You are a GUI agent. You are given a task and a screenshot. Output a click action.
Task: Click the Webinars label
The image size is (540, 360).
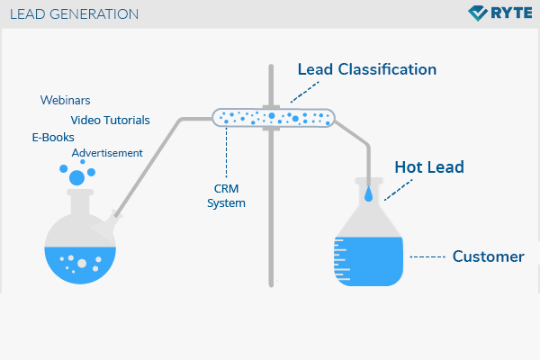65,100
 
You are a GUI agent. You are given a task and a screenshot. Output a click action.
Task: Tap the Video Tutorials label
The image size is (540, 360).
110,121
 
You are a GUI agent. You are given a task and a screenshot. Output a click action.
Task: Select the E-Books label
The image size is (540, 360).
53,138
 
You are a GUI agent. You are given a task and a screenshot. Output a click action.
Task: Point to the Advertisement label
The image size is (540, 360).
107,153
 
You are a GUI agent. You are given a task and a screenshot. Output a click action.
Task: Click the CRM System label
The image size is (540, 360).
226,195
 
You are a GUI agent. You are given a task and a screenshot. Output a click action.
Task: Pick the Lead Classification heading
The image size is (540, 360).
367,69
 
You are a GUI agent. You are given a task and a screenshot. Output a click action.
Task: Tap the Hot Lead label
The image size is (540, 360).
429,167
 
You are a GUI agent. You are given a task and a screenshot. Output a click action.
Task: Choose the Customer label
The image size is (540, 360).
489,256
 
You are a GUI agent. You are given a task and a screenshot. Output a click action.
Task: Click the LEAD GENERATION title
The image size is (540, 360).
74,14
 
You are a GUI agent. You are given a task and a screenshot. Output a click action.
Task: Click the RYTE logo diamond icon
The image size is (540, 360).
478,13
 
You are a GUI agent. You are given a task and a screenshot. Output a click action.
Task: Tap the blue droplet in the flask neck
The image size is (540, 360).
368,194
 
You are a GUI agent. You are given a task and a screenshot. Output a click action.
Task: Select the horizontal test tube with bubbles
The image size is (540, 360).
274,118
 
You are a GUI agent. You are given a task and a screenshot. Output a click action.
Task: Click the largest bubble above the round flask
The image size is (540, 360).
76,178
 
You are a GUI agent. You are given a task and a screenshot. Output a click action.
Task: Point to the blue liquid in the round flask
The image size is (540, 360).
80,265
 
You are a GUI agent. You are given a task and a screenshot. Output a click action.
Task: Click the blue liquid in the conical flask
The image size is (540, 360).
368,262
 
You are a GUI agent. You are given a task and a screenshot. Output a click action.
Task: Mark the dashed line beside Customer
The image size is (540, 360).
427,257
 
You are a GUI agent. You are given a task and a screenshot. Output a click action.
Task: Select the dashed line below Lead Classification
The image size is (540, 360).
305,92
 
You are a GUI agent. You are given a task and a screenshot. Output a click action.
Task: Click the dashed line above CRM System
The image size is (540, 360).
226,153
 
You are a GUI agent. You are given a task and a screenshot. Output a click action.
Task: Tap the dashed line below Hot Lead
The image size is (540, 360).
399,190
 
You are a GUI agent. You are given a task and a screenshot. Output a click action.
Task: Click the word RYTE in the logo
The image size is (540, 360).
511,13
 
